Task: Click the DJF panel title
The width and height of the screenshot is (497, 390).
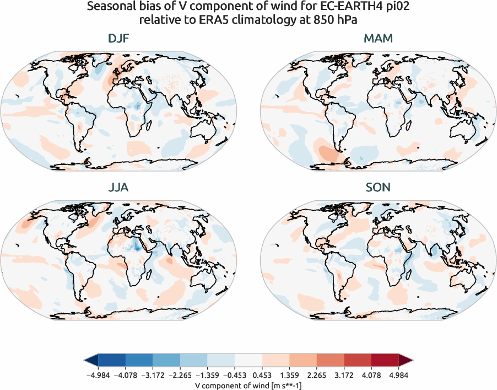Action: click(x=120, y=39)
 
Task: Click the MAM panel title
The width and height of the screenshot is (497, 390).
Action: click(x=378, y=39)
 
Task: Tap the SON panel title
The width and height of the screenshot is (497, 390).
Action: click(x=378, y=188)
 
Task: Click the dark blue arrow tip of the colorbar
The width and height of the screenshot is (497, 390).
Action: click(x=90, y=361)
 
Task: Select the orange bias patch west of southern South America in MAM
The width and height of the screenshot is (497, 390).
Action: click(x=325, y=152)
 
